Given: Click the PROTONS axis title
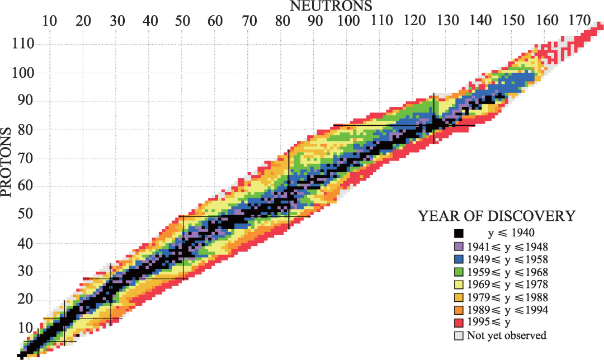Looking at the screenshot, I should point(7,163).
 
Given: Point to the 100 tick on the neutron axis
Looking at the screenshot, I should point(347,21).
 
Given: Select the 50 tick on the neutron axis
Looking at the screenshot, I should point(182,21).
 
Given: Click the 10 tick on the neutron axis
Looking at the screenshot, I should point(50,21).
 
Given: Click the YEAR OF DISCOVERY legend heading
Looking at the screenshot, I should point(497,216).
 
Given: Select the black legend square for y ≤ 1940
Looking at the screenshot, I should point(459,234).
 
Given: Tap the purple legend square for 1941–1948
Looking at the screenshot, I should point(459,247).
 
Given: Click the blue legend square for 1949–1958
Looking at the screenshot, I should point(459,259).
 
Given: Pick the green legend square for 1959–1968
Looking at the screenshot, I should point(459,272).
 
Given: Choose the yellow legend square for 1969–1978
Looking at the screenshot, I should point(459,285).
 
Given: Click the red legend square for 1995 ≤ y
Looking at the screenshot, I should point(459,323).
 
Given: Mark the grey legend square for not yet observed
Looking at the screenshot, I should point(459,335).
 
